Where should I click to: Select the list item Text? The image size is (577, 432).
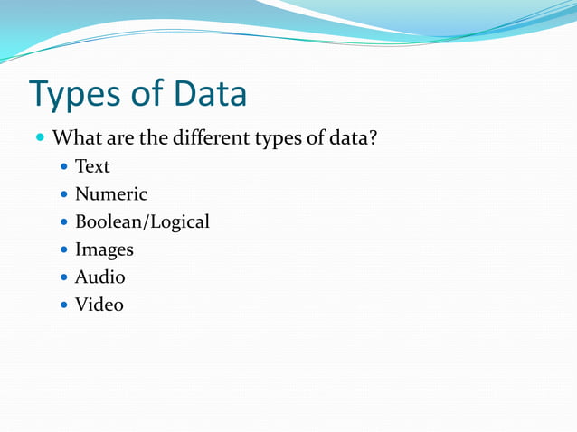[x=92, y=166]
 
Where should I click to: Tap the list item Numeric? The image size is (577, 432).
[x=111, y=193]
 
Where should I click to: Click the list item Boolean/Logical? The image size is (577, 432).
[x=142, y=221]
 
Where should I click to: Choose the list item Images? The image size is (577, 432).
[x=104, y=249]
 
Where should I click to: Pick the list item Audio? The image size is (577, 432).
[x=99, y=277]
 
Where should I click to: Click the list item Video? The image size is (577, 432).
[x=99, y=305]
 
